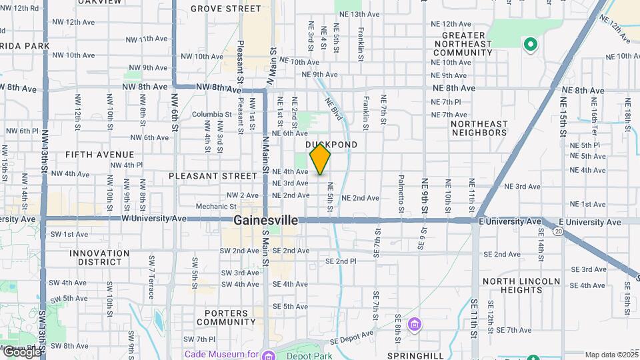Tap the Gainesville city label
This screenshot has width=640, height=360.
[x=265, y=221]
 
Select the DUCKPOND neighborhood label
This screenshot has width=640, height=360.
[x=331, y=145]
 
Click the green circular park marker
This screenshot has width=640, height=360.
[x=531, y=45]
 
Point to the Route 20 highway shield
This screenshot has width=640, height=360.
[x=557, y=231]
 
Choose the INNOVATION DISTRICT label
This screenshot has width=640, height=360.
[x=99, y=258]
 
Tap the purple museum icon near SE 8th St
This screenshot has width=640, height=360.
[x=415, y=325]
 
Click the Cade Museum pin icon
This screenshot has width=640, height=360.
[x=267, y=354]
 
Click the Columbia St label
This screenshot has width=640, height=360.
[x=211, y=114]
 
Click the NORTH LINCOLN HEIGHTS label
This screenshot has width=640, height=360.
[x=521, y=285]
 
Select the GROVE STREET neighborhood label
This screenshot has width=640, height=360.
[x=226, y=9]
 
